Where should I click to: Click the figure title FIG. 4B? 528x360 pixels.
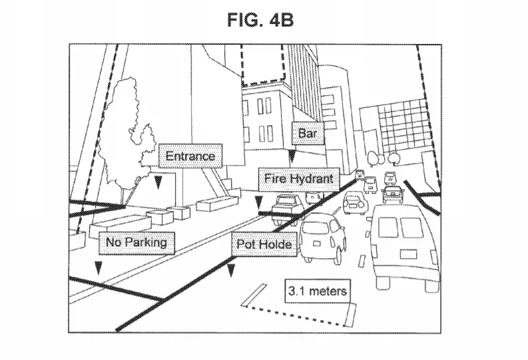(x=260, y=20)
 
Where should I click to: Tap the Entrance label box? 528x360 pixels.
(x=190, y=156)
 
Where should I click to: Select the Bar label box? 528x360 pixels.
(x=308, y=133)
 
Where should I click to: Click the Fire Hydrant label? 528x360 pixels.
(x=299, y=178)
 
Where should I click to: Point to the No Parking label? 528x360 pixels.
(x=136, y=243)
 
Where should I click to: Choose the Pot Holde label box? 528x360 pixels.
(x=264, y=244)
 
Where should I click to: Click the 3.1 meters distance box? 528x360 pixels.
(x=318, y=291)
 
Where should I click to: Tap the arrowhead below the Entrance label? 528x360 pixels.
(x=158, y=182)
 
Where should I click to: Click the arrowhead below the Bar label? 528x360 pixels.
(x=292, y=156)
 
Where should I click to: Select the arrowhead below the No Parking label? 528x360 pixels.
(x=98, y=268)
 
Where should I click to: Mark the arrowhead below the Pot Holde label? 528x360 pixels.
(x=230, y=271)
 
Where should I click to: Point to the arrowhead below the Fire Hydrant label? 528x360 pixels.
(x=258, y=203)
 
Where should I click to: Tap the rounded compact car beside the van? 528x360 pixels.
(x=322, y=237)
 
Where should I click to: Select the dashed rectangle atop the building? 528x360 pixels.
(x=263, y=65)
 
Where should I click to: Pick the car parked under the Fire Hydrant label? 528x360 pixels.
(x=287, y=208)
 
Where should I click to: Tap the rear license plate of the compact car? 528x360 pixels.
(x=317, y=244)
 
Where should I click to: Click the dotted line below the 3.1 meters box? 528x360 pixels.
(x=294, y=316)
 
